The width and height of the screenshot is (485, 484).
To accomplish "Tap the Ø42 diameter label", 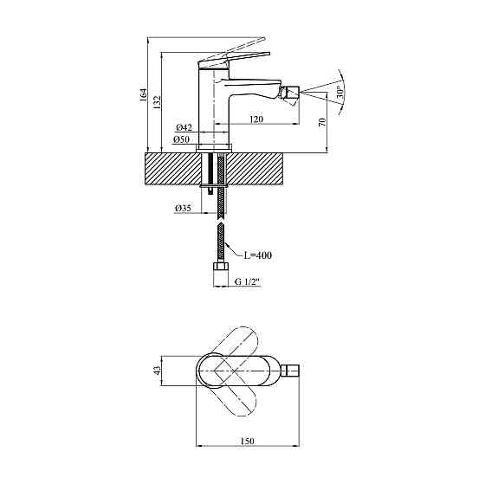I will pyautogui.click(x=182, y=128).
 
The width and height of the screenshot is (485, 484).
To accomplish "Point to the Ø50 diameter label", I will pyautogui.click(x=182, y=139).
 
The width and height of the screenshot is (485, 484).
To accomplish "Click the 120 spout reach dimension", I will pyautogui.click(x=256, y=120).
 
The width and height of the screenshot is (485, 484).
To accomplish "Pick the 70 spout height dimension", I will pyautogui.click(x=323, y=122).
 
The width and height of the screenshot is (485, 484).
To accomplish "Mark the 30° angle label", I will pyautogui.click(x=341, y=90).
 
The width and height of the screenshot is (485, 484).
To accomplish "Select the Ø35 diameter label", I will pyautogui.click(x=183, y=209).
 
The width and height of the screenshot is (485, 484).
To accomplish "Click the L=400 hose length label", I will pyautogui.click(x=259, y=255).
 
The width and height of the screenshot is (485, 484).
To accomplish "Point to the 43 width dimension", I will pyautogui.click(x=157, y=371).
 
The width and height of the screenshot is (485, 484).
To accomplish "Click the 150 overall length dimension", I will pyautogui.click(x=248, y=442).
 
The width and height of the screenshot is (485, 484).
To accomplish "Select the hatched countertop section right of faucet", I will pyautogui.click(x=260, y=169).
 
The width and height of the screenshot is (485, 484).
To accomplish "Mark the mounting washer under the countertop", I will pyautogui.click(x=217, y=186).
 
